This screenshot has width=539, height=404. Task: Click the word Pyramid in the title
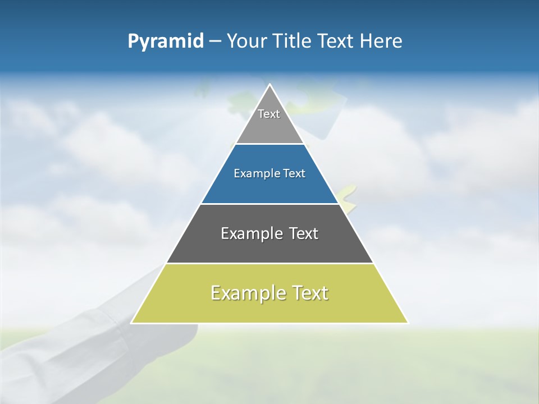(166, 42)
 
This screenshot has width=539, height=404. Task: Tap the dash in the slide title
(215, 42)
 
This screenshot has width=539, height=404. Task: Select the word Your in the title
(247, 42)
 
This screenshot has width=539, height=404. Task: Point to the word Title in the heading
(293, 42)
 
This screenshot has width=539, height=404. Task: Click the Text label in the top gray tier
(269, 114)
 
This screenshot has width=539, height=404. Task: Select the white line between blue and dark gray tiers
(269, 204)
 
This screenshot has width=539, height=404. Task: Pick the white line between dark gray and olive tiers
(269, 263)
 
